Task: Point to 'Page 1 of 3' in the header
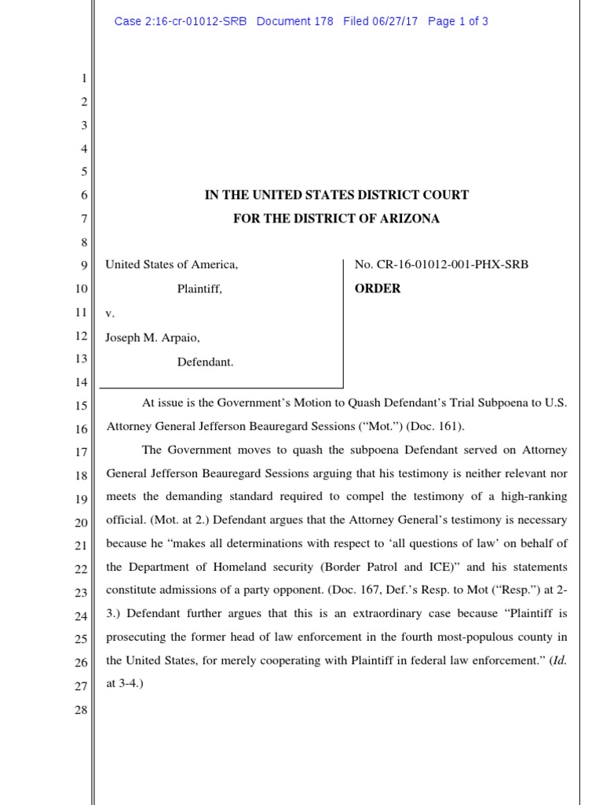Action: [x=458, y=21]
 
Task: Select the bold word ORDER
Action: [x=378, y=289]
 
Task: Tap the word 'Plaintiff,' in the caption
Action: [x=199, y=289]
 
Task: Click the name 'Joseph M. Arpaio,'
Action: [x=153, y=337]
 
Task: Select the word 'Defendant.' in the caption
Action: [x=205, y=362]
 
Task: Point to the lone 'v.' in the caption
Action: [x=110, y=313]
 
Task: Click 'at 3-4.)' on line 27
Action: [x=124, y=684]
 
